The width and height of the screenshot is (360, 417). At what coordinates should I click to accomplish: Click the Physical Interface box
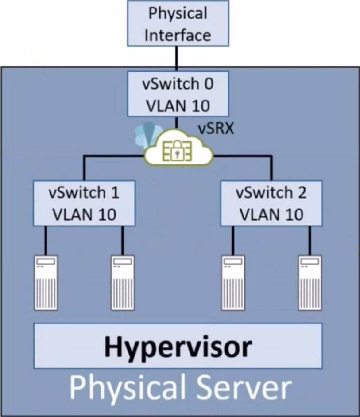point(178,23)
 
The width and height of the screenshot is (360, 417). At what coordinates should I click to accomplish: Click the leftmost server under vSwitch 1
point(46,282)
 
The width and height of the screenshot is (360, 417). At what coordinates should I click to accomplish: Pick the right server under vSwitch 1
point(123,282)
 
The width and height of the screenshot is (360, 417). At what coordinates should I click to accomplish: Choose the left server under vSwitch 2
point(233,282)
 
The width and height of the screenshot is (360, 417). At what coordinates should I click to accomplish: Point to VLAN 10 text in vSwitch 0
point(178,105)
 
